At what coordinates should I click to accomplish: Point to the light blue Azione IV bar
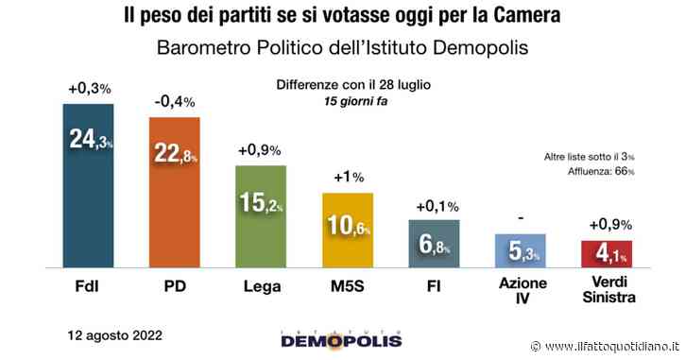tap(521, 252)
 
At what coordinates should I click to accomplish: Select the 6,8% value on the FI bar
tap(433, 247)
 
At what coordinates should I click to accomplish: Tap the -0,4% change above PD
tap(174, 102)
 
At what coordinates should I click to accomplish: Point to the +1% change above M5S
tap(347, 177)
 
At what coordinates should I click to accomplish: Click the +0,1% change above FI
tap(433, 205)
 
